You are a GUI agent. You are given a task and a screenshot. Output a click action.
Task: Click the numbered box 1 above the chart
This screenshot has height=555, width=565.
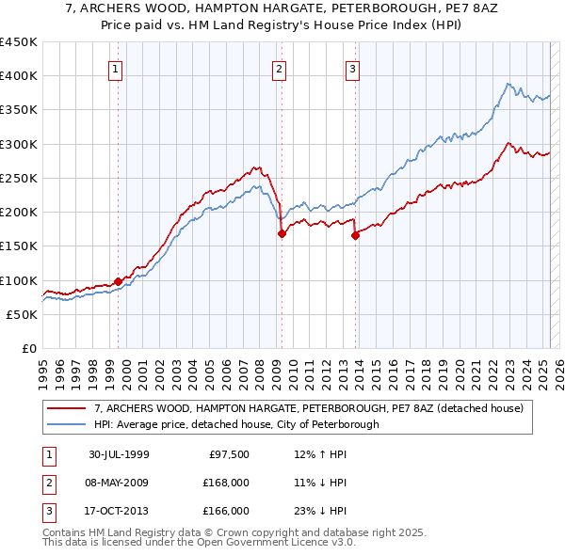point(115,68)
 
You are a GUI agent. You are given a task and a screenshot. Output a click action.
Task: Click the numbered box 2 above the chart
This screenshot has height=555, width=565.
point(280,68)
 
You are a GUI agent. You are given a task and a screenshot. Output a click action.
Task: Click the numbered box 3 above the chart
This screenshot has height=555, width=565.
point(352,68)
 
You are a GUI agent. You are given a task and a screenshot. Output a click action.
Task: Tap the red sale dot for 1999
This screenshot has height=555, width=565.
point(119,280)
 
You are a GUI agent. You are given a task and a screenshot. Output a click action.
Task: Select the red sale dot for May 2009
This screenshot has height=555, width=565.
point(282,234)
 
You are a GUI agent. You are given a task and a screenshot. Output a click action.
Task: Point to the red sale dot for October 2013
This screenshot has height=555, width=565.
point(356,236)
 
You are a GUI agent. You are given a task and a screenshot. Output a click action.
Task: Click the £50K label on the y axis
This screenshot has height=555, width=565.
point(23,314)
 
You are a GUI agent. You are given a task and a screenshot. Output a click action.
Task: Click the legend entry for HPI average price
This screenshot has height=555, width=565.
point(236,424)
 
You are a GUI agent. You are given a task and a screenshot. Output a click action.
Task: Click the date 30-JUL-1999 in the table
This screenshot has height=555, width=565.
point(119,454)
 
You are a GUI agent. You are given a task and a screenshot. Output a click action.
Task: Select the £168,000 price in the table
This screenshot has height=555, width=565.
point(225,483)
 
